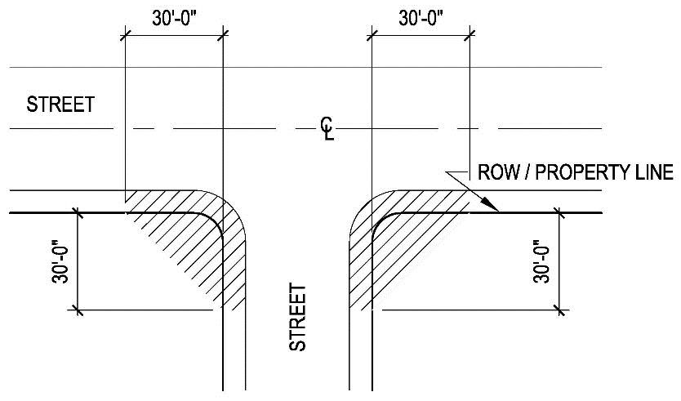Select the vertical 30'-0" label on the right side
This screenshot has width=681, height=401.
click(x=538, y=261)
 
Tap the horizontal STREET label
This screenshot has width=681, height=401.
click(x=61, y=105)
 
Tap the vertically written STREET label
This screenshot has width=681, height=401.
click(x=299, y=318)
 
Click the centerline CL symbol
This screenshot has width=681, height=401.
click(x=327, y=127)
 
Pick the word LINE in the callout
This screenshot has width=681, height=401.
click(x=653, y=173)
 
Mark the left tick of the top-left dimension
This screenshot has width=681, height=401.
click(x=123, y=34)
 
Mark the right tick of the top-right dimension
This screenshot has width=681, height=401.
click(x=471, y=34)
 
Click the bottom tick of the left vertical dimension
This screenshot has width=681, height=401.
click(x=78, y=310)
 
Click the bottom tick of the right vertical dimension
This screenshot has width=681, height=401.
click(x=559, y=310)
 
